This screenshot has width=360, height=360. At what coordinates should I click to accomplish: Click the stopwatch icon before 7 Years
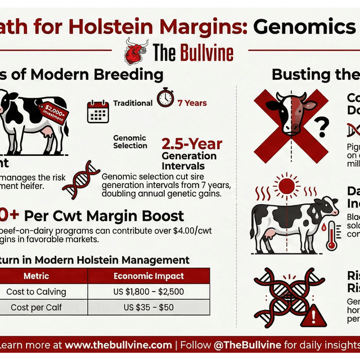[x=165, y=97]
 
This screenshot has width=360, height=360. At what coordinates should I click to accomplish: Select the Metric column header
[x=37, y=276]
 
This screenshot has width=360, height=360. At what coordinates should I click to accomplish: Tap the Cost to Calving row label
[x=37, y=291]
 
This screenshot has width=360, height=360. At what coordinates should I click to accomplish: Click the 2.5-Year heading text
[x=192, y=145]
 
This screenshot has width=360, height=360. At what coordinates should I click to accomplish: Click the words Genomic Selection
[x=129, y=142]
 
